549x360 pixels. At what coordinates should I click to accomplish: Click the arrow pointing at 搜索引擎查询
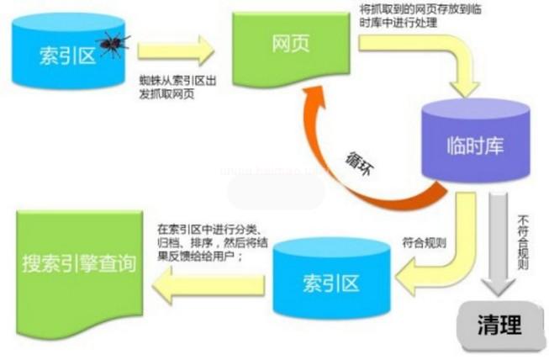click(206, 285)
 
